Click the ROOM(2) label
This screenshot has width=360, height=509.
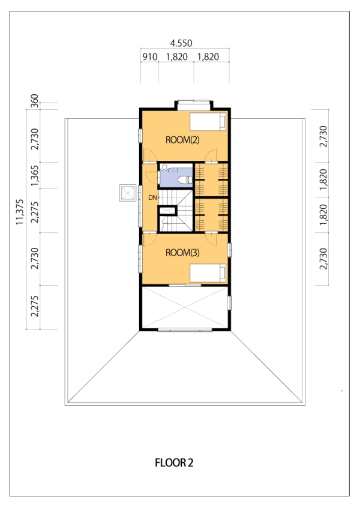[182, 140]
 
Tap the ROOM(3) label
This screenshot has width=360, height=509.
[182, 253]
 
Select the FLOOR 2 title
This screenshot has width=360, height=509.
[174, 463]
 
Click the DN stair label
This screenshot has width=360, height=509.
[152, 197]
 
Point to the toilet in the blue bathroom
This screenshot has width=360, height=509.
[185, 180]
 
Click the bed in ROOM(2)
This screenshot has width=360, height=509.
[208, 122]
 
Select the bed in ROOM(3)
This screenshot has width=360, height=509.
[208, 273]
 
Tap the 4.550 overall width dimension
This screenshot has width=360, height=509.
[181, 43]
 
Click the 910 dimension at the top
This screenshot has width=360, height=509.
[149, 57]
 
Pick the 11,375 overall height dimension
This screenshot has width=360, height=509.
[20, 212]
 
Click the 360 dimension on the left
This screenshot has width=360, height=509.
[34, 100]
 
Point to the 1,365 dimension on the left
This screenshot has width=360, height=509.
[34, 176]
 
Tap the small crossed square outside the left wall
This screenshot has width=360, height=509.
[128, 193]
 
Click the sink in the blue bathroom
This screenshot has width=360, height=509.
[164, 167]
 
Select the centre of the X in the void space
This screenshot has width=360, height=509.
[185, 307]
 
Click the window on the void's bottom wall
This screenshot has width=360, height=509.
[185, 330]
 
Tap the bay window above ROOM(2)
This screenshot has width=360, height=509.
[193, 101]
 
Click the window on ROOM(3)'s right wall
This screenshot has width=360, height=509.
[229, 250]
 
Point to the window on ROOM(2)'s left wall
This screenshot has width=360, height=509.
[140, 136]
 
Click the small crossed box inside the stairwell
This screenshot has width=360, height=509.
[167, 210]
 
